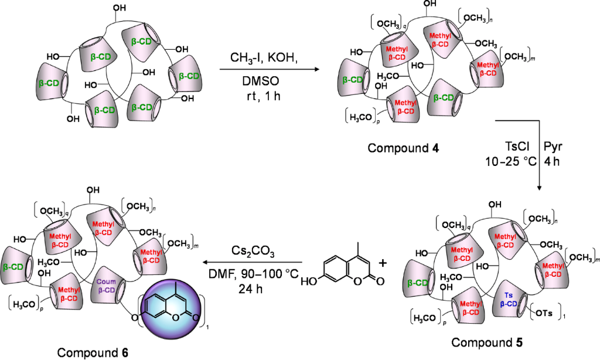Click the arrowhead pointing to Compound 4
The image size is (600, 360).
319,70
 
